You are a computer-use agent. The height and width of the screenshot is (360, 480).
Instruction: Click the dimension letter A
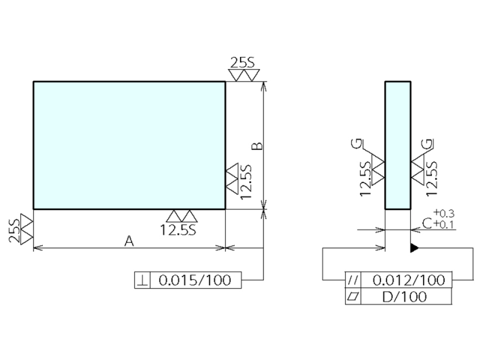130,241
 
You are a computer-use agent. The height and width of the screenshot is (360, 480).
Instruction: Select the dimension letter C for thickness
427,223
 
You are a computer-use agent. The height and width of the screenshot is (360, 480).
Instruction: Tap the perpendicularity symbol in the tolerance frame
143,280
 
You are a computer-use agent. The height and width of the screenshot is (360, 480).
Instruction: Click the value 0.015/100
195,280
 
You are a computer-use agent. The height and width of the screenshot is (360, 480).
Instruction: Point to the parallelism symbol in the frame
353,280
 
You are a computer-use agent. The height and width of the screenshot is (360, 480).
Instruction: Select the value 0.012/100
409,280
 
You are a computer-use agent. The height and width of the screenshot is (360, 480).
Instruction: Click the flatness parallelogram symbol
353,296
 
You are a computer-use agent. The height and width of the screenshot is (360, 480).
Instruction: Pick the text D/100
404,296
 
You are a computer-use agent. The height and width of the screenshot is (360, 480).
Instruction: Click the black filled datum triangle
414,248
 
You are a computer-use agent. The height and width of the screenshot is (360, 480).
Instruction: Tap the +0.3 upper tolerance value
444,213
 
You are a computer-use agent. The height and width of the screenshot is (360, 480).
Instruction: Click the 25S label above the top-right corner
242,63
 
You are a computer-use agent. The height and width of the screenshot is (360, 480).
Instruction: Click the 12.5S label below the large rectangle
178,230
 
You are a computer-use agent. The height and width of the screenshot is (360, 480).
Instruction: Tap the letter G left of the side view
357,143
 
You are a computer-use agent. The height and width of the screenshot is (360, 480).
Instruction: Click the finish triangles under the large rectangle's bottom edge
182,216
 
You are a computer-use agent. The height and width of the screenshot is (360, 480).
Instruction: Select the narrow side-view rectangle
398,145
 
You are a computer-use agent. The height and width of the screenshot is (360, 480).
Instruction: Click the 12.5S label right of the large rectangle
246,182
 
